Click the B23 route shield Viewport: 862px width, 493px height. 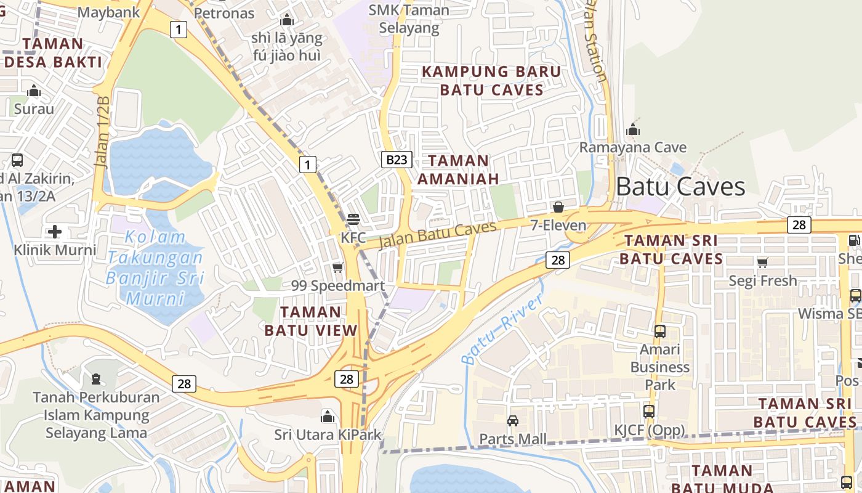(x=397, y=160)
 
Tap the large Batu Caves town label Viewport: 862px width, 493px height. (x=680, y=186)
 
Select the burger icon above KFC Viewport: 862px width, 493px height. (x=353, y=219)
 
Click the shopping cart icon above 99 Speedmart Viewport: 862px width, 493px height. (x=337, y=267)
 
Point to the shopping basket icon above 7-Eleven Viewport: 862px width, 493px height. (x=558, y=207)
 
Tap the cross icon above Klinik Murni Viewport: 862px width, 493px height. (x=55, y=232)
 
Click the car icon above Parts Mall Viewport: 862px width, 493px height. (x=512, y=421)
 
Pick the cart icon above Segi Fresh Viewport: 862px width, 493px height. (x=762, y=263)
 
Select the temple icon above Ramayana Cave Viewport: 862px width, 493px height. (x=632, y=130)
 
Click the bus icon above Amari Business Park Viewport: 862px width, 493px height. (x=660, y=332)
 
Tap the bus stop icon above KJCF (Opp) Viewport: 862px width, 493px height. (x=649, y=412)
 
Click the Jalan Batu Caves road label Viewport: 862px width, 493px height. (x=437, y=235)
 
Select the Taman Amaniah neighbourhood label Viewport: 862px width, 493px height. (x=458, y=169)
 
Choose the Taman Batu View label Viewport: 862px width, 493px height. (x=311, y=321)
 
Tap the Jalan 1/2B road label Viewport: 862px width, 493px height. (x=103, y=132)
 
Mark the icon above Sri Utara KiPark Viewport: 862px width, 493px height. (x=328, y=417)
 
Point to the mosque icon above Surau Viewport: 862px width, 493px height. (x=34, y=92)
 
